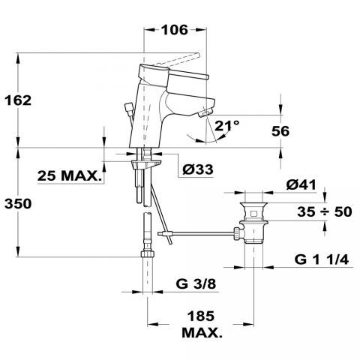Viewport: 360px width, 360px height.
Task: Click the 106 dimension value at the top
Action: coord(175,30)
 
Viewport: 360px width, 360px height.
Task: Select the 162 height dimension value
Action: coord(18,100)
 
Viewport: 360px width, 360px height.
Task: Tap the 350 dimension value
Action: coord(18,203)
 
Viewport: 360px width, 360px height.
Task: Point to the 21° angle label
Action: coord(227,126)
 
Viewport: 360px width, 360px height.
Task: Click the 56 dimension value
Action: coord(280,131)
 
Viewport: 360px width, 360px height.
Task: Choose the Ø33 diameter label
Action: coord(198,169)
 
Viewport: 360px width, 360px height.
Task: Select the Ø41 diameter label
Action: coord(301,185)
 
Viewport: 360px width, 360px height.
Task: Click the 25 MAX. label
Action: coord(70,175)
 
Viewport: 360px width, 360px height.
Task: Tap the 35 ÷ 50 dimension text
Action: coord(325,211)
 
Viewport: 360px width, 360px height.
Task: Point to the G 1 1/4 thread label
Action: coord(322,259)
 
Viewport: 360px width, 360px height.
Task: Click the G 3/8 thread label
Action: coord(196,283)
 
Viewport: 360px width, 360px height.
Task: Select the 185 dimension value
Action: coord(201,316)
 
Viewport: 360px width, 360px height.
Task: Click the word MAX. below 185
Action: coord(202,332)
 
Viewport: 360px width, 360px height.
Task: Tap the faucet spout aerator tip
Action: coord(205,113)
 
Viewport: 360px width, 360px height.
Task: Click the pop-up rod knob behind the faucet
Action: coord(129,109)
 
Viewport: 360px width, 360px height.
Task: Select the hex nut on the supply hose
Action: coord(148,253)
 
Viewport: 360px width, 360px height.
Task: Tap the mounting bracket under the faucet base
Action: coord(145,164)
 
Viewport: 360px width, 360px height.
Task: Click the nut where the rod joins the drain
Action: coord(237,234)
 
